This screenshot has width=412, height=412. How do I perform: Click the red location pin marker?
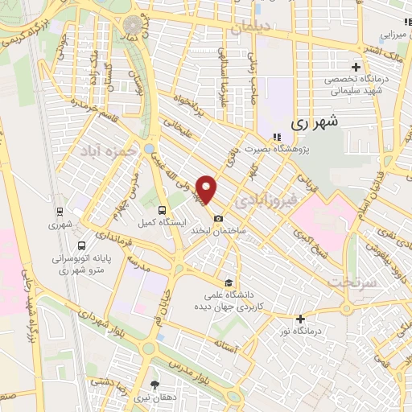208,190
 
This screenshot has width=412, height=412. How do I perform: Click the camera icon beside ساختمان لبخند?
218,219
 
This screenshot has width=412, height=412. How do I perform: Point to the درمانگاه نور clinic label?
299,332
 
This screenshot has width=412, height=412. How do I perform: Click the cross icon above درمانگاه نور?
299,319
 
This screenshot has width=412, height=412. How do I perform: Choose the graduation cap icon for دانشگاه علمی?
230,282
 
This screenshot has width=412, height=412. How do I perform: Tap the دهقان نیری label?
154,397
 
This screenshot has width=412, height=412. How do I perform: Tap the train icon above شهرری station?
62,213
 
